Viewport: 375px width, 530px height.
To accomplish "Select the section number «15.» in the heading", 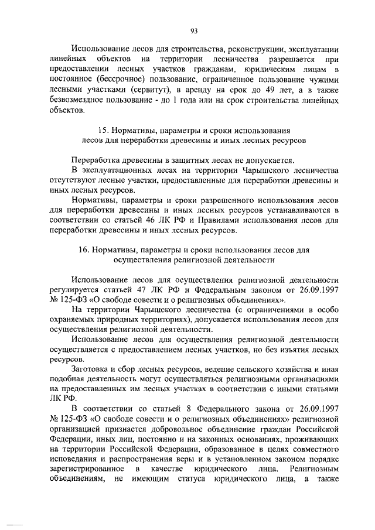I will pyautogui.click(x=101, y=130).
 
